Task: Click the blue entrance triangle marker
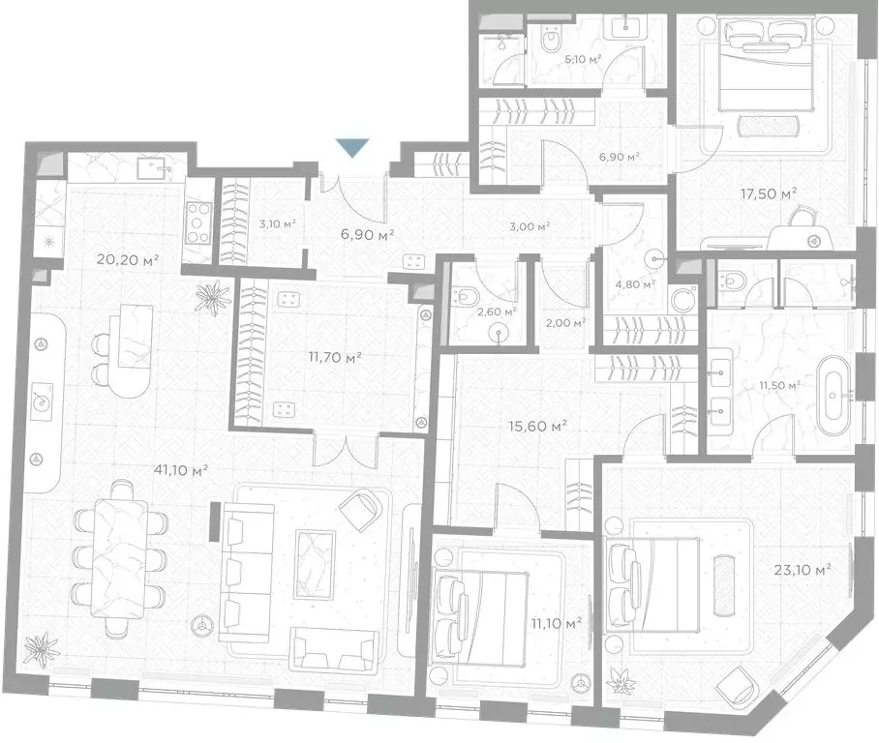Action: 352,148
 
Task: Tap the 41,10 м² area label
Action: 180,470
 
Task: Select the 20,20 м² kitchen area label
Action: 128,259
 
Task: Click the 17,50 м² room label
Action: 769,193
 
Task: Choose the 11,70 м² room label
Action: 335,357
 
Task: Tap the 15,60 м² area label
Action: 537,426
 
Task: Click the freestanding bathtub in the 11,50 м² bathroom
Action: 834,395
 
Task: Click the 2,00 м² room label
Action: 565,323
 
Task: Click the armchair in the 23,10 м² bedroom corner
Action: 737,685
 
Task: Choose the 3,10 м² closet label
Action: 278,224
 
